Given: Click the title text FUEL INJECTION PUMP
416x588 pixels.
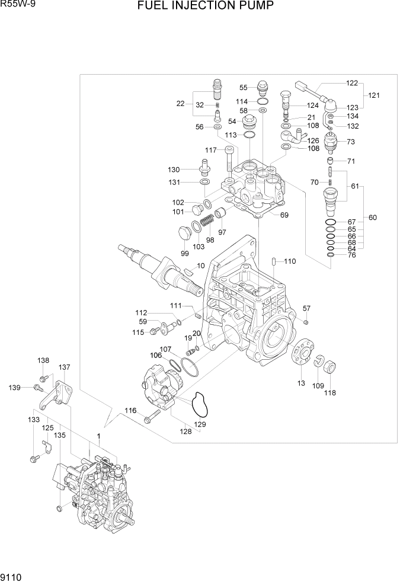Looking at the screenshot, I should (206, 7).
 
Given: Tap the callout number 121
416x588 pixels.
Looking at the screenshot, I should (375, 95).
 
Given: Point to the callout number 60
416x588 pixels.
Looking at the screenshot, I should (373, 218).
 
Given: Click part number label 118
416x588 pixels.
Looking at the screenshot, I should (329, 393).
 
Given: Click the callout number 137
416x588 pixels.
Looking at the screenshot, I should (64, 367).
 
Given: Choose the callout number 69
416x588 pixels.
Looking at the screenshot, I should (284, 215).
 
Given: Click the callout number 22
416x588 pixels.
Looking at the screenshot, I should (181, 104).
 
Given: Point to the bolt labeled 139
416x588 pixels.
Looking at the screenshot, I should (37, 388).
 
